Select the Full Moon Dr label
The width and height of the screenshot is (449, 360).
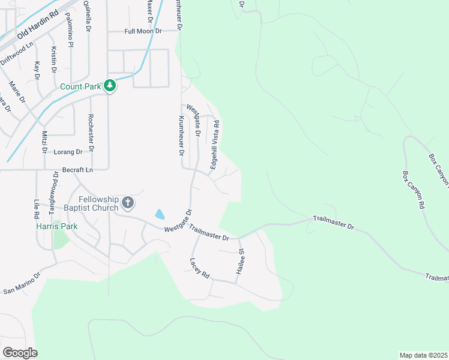tap(141, 31)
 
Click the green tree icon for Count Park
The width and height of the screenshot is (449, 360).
tap(109, 86)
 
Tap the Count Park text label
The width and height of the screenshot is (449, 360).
tap(80, 86)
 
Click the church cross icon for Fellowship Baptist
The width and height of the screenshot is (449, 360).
tap(127, 202)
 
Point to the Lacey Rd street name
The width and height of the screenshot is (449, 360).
tap(199, 268)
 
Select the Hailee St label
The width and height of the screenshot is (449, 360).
tap(241, 260)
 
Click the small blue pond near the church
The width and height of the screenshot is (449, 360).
tap(159, 214)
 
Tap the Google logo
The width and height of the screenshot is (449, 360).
tap(20, 353)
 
